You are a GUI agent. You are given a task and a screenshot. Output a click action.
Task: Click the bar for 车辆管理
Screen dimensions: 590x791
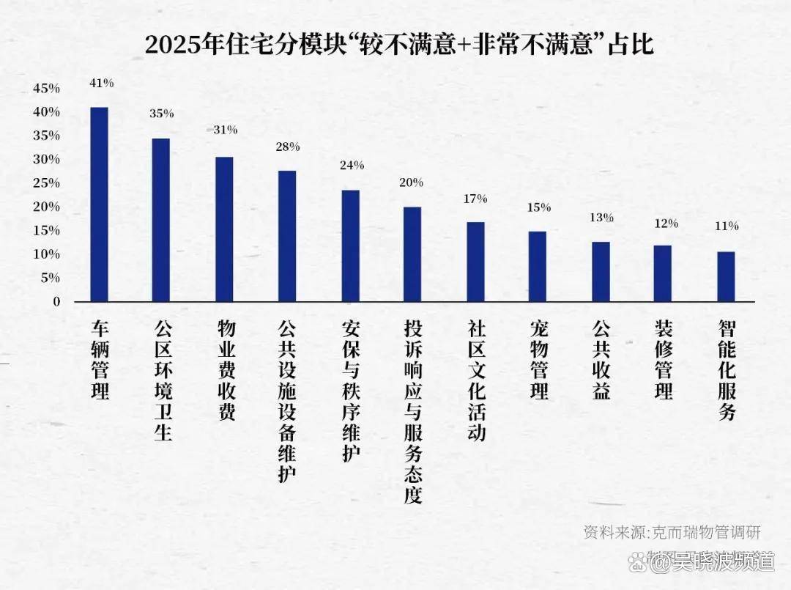[99, 204]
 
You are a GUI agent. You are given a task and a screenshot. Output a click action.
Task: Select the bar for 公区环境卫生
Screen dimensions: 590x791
[161, 220]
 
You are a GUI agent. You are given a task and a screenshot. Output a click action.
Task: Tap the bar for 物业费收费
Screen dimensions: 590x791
[224, 229]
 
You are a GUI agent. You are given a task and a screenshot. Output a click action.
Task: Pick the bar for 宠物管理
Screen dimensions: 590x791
[538, 267]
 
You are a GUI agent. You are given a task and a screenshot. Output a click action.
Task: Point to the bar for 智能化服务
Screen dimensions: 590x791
[726, 277]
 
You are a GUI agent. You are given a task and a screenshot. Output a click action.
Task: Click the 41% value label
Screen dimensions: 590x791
[101, 84]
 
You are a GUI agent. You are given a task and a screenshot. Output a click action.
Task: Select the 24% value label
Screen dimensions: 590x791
[352, 166]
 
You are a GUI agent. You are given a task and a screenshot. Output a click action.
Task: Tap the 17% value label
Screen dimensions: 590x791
[475, 199]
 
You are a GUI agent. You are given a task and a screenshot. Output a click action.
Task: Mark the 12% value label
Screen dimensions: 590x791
[666, 224]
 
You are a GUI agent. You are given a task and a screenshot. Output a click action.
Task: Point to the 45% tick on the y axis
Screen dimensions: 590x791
[46, 89]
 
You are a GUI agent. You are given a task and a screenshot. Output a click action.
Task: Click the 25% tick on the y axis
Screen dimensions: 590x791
[46, 183]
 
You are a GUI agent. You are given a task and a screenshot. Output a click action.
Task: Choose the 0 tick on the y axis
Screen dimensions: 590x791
[56, 301]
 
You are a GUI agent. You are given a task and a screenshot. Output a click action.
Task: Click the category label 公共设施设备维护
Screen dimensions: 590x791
[287, 400]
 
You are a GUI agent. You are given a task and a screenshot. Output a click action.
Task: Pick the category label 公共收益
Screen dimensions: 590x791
[601, 358]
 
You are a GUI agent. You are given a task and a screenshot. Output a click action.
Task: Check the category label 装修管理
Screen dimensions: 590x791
[664, 358]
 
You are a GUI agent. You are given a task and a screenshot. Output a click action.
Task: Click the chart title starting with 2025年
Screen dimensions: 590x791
[398, 45]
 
